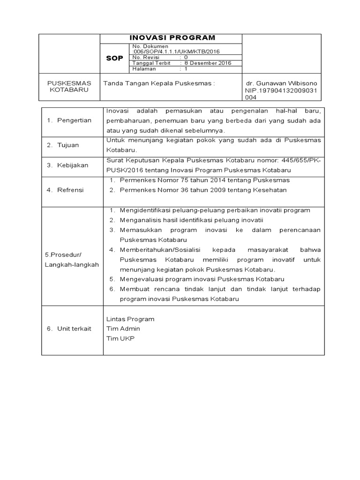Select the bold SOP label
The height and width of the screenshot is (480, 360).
[114, 59]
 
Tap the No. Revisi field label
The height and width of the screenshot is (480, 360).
[147, 57]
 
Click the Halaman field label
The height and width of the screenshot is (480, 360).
[145, 69]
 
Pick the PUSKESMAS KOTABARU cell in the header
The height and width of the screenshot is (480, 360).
[69, 86]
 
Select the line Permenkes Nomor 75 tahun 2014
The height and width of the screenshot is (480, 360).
[205, 180]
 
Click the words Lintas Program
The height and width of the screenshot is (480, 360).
[130, 319]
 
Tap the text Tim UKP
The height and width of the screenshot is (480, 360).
[120, 339]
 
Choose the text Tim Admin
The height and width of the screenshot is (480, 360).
[123, 329]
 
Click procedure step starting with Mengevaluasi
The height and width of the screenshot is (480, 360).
[202, 279]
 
